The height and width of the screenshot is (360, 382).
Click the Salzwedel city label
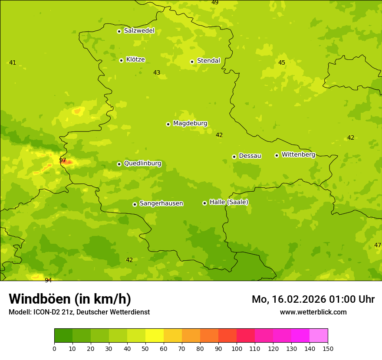(x=139, y=31)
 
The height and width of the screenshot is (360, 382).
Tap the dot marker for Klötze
(x=121, y=60)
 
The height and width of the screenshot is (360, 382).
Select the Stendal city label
(x=208, y=61)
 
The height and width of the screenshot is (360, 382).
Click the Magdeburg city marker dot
(x=168, y=124)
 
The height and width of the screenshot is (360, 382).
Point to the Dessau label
(x=250, y=156)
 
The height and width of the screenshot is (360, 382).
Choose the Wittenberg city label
(x=298, y=154)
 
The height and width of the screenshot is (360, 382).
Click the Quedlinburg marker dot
(x=119, y=164)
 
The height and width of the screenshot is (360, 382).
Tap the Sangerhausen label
(x=161, y=203)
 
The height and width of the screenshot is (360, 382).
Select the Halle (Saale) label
(x=229, y=202)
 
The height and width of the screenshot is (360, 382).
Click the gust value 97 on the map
(x=63, y=160)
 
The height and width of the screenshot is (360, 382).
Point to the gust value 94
(x=48, y=280)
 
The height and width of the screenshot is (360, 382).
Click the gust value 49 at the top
(x=215, y=3)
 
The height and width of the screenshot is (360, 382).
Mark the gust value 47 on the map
(x=377, y=245)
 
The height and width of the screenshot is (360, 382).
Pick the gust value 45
(x=282, y=62)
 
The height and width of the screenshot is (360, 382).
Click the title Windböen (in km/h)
(x=70, y=299)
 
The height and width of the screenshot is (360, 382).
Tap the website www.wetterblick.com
(x=313, y=312)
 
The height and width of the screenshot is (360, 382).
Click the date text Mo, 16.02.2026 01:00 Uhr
(x=313, y=299)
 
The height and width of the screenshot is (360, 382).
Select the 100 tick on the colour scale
(x=237, y=348)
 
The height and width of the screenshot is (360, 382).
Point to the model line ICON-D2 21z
(x=79, y=312)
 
